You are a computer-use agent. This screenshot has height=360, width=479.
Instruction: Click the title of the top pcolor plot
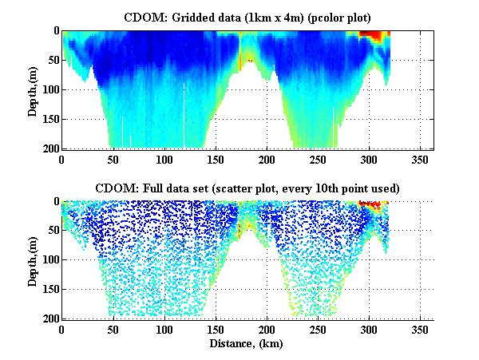[247, 16]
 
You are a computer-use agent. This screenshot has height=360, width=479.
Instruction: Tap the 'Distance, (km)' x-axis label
[247, 343]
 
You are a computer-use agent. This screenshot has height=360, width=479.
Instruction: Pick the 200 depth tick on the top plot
[49, 148]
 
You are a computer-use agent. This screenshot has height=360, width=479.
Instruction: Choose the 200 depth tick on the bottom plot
[49, 318]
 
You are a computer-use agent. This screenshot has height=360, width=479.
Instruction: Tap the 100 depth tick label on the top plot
[49, 89]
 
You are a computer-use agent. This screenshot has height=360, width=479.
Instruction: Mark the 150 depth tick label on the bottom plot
[49, 290]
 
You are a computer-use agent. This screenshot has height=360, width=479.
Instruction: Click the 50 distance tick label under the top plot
[113, 158]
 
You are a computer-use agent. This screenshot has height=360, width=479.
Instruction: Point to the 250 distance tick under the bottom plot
[319, 328]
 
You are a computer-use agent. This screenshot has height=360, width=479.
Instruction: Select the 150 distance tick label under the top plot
[216, 158]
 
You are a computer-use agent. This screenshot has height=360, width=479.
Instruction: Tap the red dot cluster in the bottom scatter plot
[372, 204]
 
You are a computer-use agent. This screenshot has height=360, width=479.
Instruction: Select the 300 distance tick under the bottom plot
[370, 328]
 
